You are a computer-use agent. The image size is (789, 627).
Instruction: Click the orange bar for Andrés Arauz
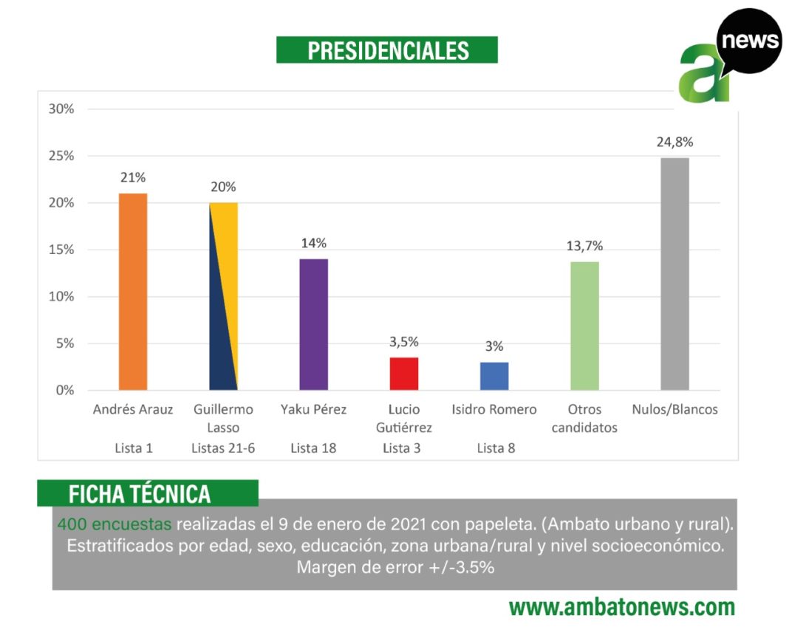[x=133, y=292]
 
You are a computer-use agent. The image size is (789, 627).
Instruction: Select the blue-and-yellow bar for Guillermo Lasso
[x=223, y=296]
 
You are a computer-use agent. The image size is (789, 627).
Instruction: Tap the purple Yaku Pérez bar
[x=313, y=324]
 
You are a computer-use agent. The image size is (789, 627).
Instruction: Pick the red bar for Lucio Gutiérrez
[x=404, y=374]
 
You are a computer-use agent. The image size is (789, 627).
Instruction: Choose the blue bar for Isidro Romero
[x=494, y=376]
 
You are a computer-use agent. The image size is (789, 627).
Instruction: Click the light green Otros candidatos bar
[x=584, y=326]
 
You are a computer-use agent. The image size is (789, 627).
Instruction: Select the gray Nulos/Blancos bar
[x=674, y=274]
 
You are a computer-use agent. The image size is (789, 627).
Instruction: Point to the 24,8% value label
[x=674, y=142]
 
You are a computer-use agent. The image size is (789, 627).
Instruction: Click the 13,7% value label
[x=584, y=246]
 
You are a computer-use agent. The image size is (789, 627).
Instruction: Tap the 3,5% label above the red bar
[x=404, y=341]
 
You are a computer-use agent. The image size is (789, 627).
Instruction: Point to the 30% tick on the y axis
[x=61, y=109]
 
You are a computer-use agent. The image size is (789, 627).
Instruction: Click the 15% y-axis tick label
[x=61, y=250]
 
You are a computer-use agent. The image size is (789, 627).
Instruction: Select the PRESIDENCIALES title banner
[x=387, y=50]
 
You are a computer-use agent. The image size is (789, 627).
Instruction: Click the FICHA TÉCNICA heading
[x=140, y=494]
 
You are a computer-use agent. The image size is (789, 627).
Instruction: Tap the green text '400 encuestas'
[x=114, y=524]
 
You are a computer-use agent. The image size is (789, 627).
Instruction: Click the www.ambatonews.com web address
[x=622, y=607]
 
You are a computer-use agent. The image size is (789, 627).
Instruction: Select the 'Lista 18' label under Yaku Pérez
[x=313, y=448]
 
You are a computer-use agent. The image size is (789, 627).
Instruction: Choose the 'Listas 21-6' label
[x=223, y=448]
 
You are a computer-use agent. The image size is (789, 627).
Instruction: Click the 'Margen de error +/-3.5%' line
[x=394, y=567]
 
